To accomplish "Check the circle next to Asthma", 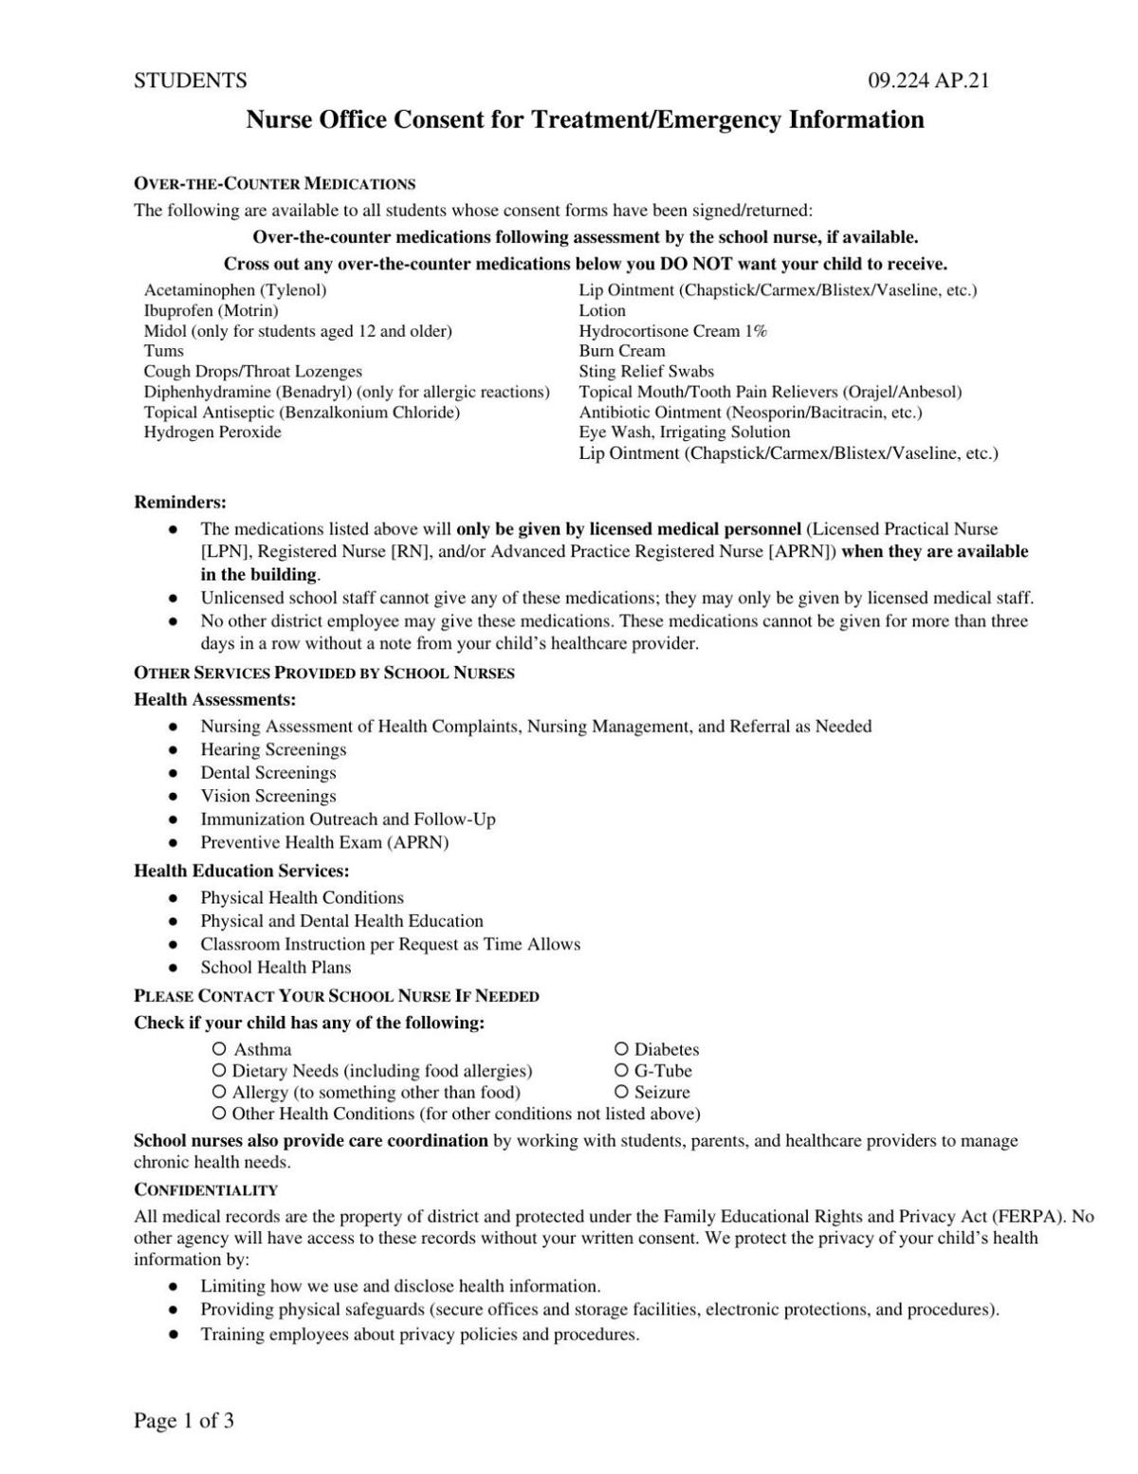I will pos(219,1049).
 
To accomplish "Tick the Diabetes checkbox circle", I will pos(621,1049).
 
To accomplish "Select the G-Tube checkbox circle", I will pos(621,1071).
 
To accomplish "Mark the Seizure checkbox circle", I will pos(621,1092).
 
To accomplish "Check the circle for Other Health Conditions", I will pos(219,1114).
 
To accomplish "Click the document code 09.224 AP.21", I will pos(928,81).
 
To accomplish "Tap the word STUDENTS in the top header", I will pos(191,81).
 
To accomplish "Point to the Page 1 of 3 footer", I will pos(184,1420).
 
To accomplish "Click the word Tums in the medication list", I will pos(164,351).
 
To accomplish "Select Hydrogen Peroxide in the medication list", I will pos(212,433).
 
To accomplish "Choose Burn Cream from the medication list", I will pos(622,351).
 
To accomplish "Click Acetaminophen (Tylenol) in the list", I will pos(235,290).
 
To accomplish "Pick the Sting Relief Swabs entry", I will pos(647,372).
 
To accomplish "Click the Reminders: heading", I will pos(180,502).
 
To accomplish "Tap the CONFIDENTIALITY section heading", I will pos(206,1189).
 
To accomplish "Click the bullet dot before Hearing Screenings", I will pos(173,750).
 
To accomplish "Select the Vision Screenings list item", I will pos(268,796).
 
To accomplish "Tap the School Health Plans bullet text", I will pos(276,967).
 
